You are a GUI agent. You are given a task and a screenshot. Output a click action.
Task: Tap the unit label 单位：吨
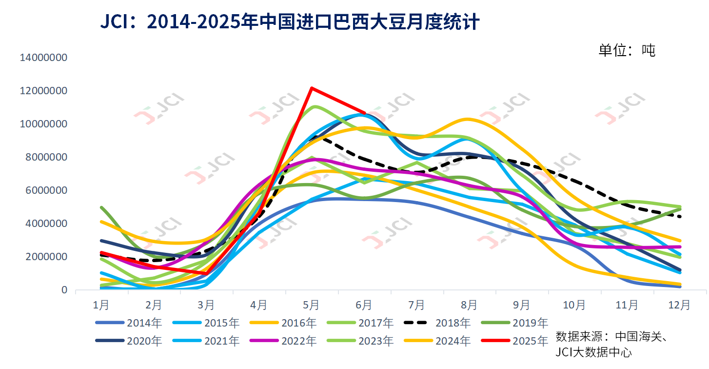(x=627, y=50)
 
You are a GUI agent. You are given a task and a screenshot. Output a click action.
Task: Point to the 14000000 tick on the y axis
(x=43, y=58)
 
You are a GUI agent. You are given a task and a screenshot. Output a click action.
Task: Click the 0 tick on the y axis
(x=64, y=290)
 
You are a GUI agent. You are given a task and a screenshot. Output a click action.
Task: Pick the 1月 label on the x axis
(x=101, y=306)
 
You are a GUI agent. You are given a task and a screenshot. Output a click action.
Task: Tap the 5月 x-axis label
(x=311, y=306)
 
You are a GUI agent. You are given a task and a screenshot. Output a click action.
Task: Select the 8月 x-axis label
(x=469, y=306)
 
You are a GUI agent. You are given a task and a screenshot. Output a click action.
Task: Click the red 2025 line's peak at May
(x=311, y=88)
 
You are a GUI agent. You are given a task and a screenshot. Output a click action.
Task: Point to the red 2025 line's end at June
(x=364, y=113)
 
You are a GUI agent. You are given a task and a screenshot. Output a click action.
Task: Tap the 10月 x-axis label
(x=574, y=306)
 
